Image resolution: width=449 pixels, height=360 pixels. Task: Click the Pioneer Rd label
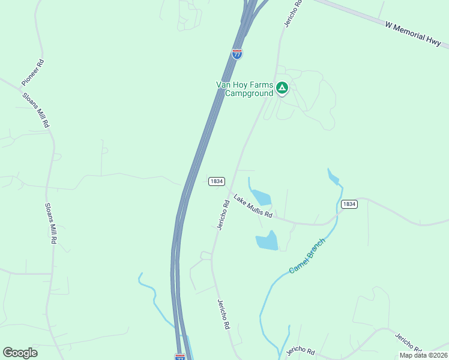click(32, 73)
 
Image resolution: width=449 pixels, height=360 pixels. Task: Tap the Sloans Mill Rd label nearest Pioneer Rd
click(35, 109)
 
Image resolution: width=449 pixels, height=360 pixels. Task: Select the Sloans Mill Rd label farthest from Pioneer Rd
click(51, 223)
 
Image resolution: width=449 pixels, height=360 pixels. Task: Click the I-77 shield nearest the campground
click(237, 53)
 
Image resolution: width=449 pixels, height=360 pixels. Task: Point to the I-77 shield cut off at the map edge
click(180, 357)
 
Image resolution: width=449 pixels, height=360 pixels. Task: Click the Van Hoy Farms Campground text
click(244, 89)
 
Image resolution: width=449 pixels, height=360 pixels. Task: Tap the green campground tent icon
click(282, 89)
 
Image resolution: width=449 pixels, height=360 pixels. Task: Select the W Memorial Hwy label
click(414, 34)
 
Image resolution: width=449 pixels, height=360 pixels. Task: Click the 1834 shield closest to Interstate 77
click(217, 181)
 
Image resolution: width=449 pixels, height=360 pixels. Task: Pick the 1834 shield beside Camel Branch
click(349, 204)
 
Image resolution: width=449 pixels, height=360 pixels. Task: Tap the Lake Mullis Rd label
click(253, 206)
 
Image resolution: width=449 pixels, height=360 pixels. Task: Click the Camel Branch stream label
click(310, 256)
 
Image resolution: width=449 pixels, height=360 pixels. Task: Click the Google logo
click(20, 352)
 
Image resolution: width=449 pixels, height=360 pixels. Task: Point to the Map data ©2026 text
click(423, 355)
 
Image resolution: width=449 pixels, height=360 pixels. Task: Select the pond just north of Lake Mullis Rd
click(261, 197)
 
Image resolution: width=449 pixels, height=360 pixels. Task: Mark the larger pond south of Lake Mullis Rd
click(267, 241)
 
